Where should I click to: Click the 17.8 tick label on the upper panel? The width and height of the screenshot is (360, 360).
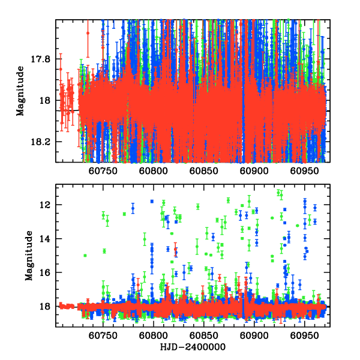[x=44, y=59]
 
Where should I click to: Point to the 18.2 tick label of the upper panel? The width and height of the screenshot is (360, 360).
[x=44, y=142]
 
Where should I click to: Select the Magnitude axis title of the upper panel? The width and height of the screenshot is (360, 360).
[x=20, y=91]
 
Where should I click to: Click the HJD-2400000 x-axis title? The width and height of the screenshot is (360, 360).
[x=193, y=347]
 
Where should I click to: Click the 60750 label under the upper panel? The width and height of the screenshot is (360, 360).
[x=103, y=171]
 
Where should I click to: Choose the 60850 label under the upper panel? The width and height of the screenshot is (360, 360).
[x=203, y=171]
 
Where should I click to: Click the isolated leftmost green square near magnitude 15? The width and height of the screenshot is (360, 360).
[x=85, y=256]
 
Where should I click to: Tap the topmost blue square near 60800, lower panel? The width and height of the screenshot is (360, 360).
[x=152, y=202]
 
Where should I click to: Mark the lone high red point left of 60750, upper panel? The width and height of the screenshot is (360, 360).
[x=88, y=32]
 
